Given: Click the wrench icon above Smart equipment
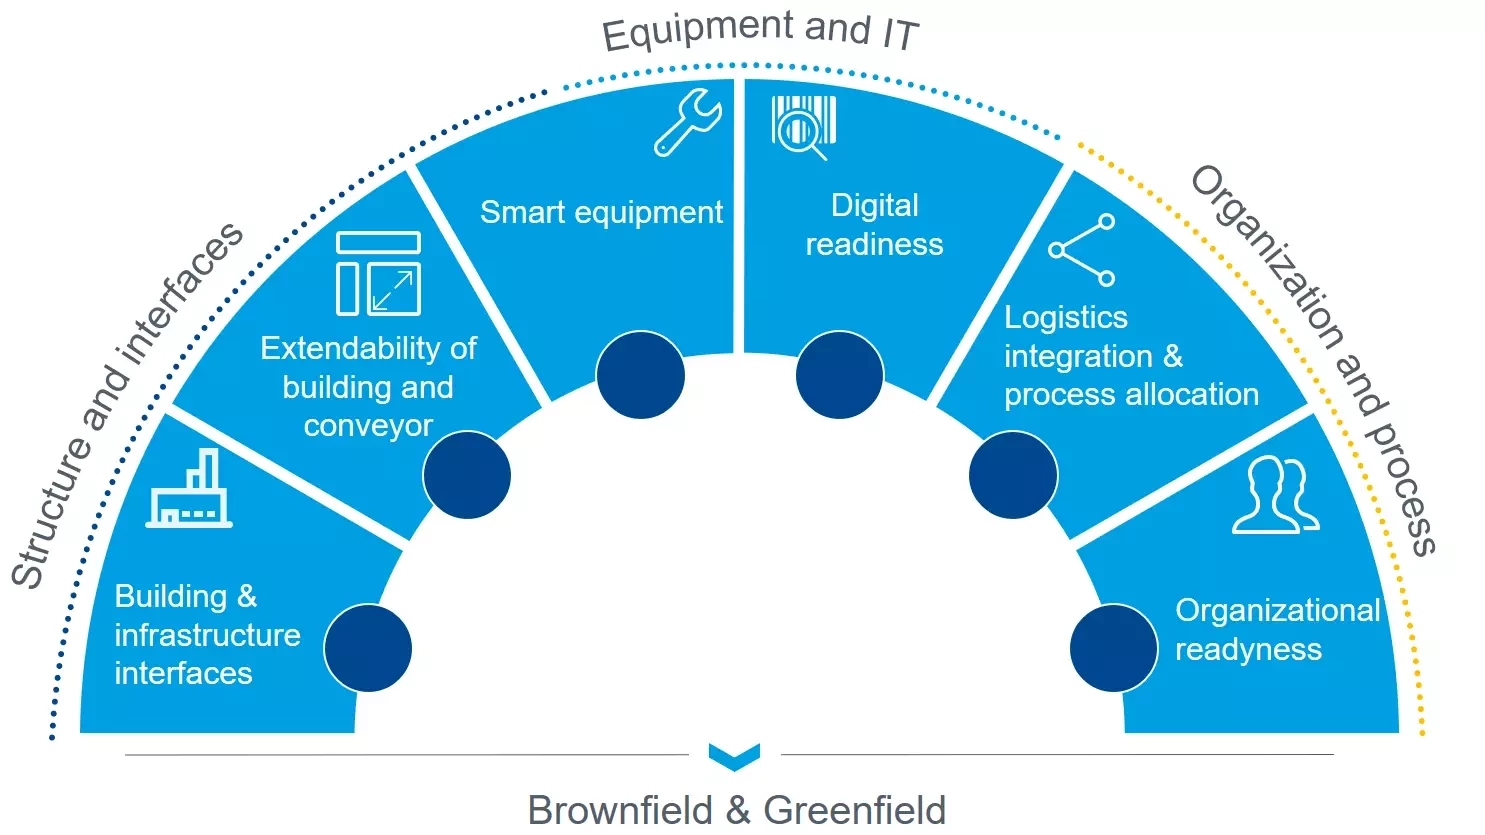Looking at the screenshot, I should [688, 122].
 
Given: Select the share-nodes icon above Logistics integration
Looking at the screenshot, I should [1082, 250].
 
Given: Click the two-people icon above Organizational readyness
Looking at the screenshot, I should [1276, 495].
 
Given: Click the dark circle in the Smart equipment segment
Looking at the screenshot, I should [640, 375].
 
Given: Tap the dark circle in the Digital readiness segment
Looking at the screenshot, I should [840, 375].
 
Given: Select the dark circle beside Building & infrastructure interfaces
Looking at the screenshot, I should [368, 648].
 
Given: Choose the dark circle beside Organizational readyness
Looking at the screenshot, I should [1113, 648].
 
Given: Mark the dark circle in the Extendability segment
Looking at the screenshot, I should [467, 475].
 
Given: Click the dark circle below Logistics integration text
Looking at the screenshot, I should [1013, 475].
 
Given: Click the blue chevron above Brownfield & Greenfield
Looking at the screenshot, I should [734, 756].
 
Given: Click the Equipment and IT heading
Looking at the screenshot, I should [760, 30].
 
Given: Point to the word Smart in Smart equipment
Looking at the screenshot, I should [512, 212].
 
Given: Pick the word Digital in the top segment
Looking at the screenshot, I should [874, 205].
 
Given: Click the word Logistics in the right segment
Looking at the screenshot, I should [1066, 317].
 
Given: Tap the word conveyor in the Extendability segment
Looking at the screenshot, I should [368, 426].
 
